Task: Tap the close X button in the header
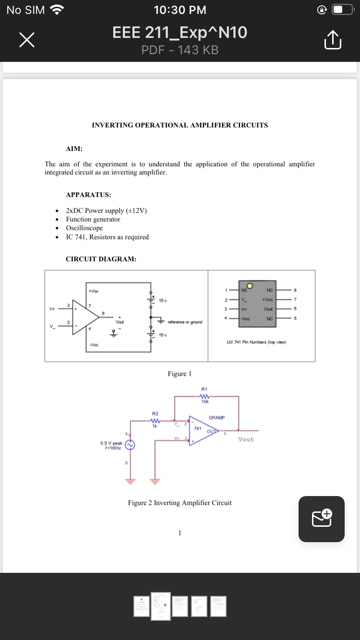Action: coord(27,41)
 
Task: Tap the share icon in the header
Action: coord(333,41)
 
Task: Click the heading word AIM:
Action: coord(74,149)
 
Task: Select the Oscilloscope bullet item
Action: coord(84,228)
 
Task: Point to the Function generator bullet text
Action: coord(93,219)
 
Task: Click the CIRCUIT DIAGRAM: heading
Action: coord(101,259)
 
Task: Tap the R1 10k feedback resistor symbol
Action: coord(204,396)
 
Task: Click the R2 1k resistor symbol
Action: coord(155,420)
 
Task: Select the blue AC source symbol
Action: coord(130,445)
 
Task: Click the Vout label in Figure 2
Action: coord(246,439)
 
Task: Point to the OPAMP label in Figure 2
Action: coord(216,418)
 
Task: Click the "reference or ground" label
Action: coord(185,322)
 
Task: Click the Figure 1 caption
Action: coord(180,374)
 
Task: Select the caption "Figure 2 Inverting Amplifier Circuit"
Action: coord(180,503)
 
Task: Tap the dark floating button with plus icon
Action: coord(322,519)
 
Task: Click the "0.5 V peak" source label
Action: coord(111,443)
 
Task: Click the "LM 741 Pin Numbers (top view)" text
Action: coord(256,342)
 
